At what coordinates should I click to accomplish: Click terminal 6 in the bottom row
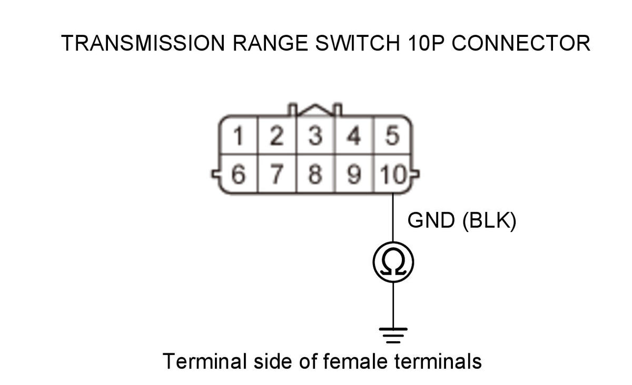239,175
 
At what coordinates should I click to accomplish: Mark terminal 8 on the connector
315,175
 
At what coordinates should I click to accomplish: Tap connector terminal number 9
354,175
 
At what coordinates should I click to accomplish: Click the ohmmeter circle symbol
393,262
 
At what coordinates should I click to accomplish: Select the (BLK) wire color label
489,221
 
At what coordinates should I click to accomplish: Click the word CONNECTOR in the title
521,43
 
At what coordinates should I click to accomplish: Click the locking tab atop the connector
315,109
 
